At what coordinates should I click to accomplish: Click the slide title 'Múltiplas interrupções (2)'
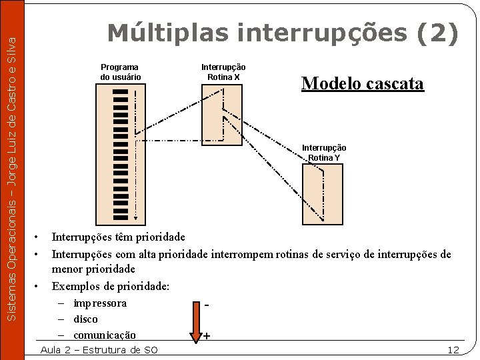pyautogui.click(x=283, y=33)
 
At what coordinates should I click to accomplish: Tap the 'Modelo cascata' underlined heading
pyautogui.click(x=362, y=83)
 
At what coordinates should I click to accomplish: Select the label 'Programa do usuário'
pyautogui.click(x=120, y=72)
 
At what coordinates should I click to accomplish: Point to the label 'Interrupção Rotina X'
pyautogui.click(x=223, y=72)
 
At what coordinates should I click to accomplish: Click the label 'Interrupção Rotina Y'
pyautogui.click(x=324, y=153)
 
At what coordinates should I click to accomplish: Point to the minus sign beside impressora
pyautogui.click(x=207, y=305)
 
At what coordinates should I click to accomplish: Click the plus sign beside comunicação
pyautogui.click(x=207, y=335)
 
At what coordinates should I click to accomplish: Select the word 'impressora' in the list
pyautogui.click(x=100, y=303)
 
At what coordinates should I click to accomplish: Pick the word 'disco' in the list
pyautogui.click(x=85, y=319)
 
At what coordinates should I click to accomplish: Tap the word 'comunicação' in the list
pyautogui.click(x=105, y=335)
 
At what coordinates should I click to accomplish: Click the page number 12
pyautogui.click(x=453, y=350)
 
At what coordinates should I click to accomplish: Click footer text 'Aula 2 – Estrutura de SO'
pyautogui.click(x=99, y=350)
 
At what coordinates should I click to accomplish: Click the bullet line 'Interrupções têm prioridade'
pyautogui.click(x=119, y=237)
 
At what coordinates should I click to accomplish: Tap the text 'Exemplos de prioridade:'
pyautogui.click(x=111, y=286)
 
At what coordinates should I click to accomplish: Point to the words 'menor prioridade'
pyautogui.click(x=93, y=269)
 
